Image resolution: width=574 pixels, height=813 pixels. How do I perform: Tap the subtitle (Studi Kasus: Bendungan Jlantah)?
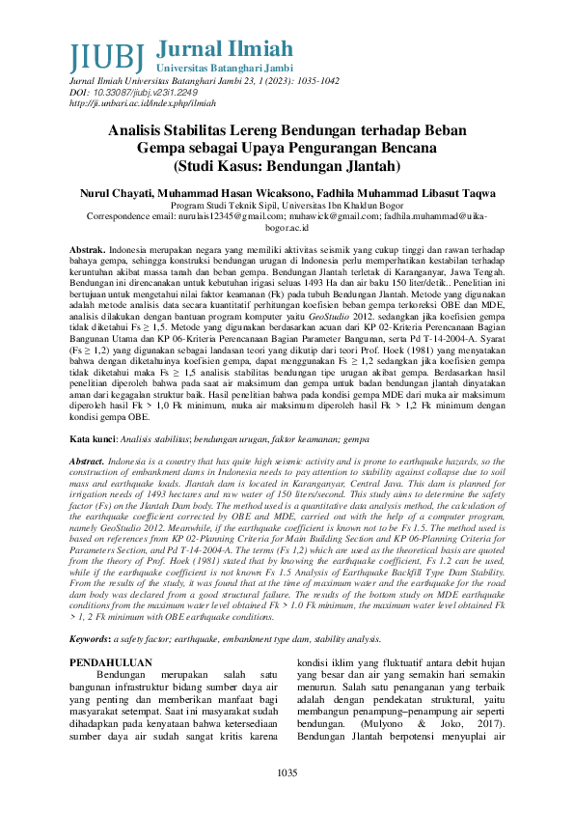pos(287,165)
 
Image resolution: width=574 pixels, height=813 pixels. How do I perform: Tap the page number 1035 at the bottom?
pos(287,772)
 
